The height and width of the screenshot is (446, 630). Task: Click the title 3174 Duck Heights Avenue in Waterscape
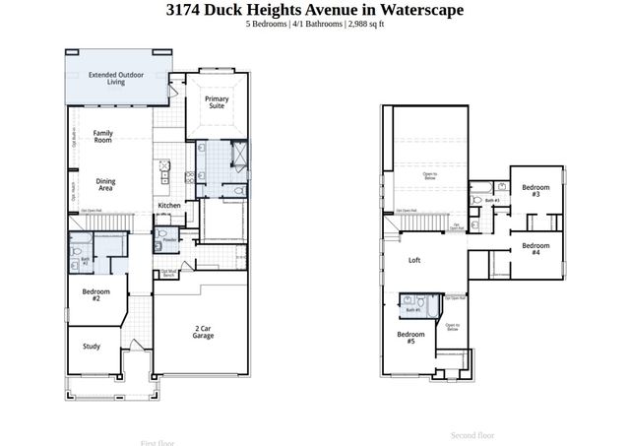point(314,10)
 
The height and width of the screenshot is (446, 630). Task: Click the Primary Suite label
point(217,103)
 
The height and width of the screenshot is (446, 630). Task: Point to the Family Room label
point(102,136)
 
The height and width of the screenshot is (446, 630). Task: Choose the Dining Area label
point(105,184)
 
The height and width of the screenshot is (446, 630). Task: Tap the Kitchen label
point(169,206)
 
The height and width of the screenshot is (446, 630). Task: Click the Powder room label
point(169,239)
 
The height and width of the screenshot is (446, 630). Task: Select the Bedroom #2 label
point(96,294)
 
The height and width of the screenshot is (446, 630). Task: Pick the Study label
point(92,346)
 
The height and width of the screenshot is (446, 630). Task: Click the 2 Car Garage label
point(203,332)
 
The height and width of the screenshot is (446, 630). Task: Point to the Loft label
point(414,261)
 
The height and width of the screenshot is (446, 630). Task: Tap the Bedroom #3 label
point(535,190)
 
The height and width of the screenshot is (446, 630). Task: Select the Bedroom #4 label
point(535,248)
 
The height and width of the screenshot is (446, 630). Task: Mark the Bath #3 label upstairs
point(492,201)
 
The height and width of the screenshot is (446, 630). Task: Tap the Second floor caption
point(472,434)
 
